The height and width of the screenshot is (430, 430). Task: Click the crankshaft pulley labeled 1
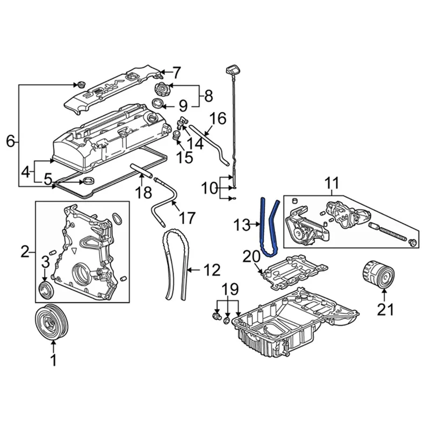tap(53, 322)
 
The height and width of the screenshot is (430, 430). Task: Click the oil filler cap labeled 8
tap(161, 89)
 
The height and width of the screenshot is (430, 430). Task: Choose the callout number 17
tap(187, 218)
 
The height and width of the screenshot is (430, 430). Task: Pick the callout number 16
tap(218, 118)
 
